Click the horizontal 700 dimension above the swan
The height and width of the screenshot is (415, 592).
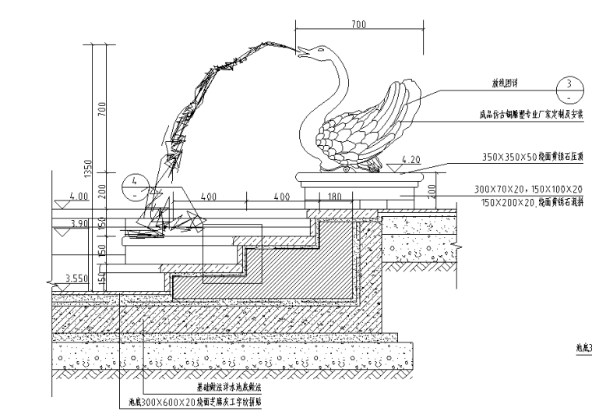pos(358,26)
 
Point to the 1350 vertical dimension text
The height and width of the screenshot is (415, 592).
pos(90,168)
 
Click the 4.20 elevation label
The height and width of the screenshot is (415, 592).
pos(411,161)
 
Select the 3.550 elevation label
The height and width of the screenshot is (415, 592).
pos(76,278)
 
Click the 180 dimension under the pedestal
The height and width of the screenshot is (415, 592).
pos(336,197)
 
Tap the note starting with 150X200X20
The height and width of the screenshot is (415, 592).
pos(531,202)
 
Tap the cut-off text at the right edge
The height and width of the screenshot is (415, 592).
pos(583,349)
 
